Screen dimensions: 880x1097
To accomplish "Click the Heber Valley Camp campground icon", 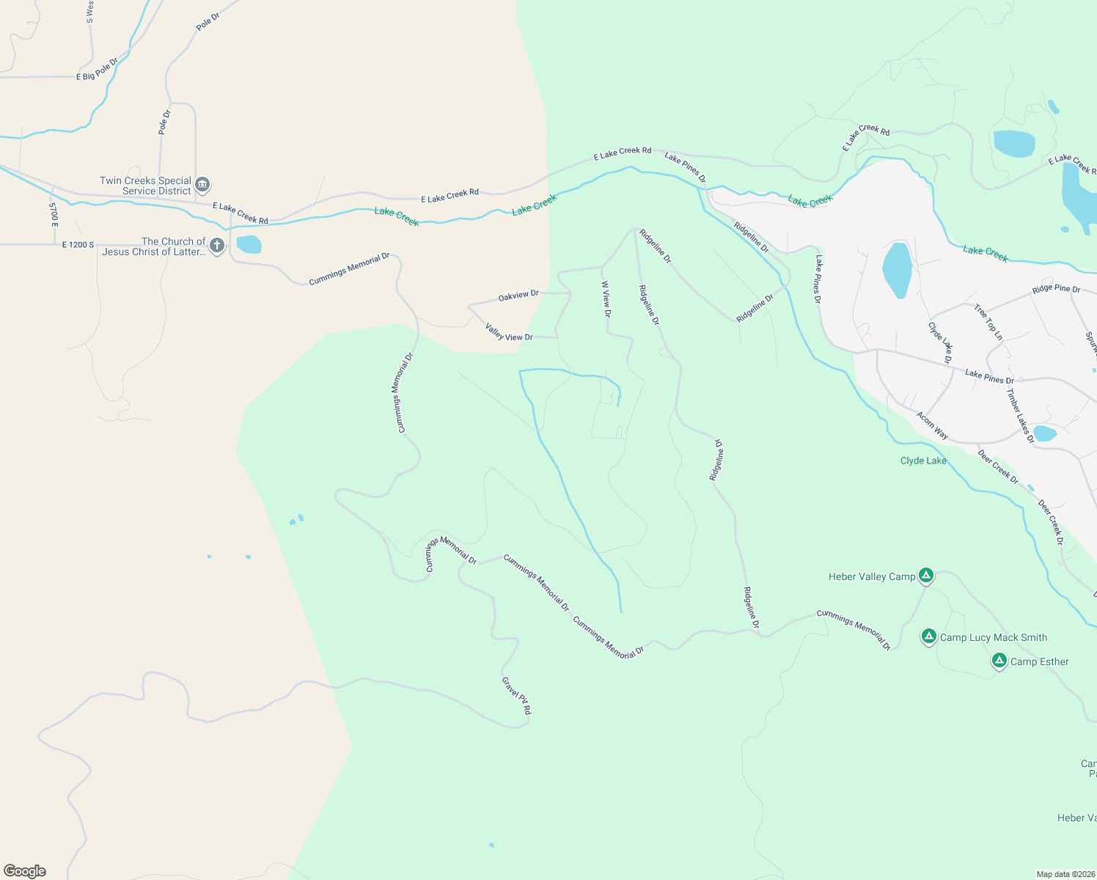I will point(926,576).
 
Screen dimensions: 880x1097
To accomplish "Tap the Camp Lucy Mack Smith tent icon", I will point(929,637).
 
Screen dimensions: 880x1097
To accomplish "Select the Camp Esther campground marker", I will point(999,661).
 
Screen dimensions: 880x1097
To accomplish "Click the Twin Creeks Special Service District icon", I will point(203,185).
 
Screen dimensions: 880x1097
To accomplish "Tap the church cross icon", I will point(217,246).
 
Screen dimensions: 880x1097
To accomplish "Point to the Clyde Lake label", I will point(923,461).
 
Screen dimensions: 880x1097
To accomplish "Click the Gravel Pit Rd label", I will point(516,695).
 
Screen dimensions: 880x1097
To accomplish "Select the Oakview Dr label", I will point(518,296).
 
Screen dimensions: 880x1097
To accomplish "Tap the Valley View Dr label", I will point(509,332).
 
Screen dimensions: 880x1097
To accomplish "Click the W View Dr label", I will point(606,299).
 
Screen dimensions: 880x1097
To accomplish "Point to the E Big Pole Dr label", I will point(97,70).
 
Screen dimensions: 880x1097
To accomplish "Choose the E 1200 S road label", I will point(78,245).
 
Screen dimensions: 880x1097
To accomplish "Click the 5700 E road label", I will point(54,215).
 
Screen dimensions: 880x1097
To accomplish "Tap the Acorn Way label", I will point(932,425).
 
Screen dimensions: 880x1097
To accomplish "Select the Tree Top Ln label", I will point(988,322).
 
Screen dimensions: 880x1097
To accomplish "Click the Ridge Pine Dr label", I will point(1056,289).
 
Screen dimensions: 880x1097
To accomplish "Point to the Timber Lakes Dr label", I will point(1020,416).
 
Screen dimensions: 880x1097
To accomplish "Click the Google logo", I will point(25,871).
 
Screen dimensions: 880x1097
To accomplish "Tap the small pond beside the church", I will point(249,244).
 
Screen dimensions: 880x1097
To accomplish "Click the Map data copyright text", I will point(1065,874).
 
